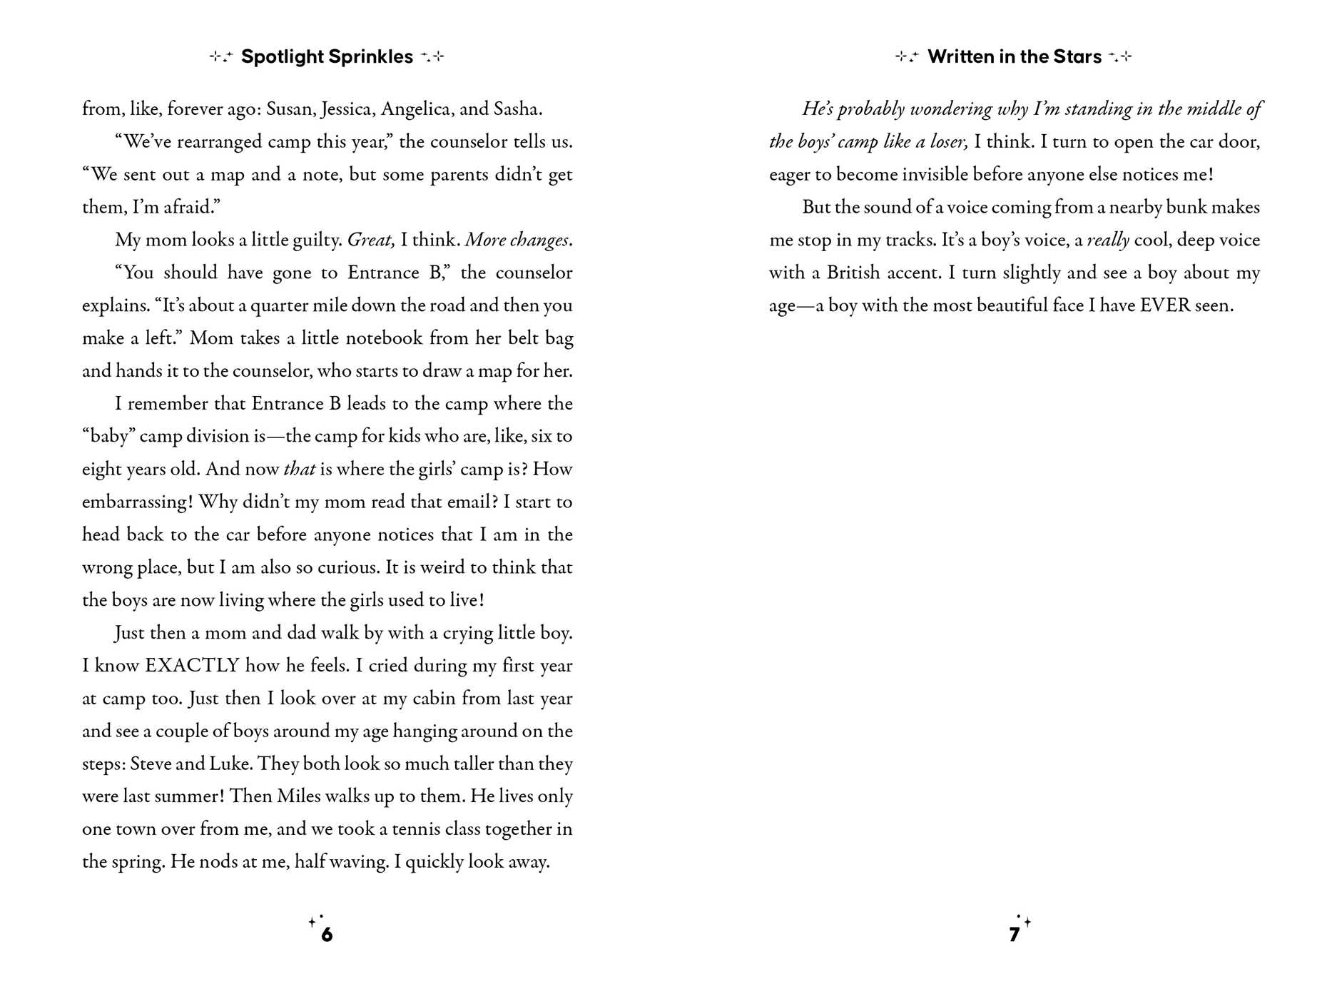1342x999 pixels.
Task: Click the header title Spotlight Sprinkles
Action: coord(327,56)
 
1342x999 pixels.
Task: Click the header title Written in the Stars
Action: coord(1014,56)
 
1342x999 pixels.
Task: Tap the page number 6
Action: coord(327,935)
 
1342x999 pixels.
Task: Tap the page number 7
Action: coord(1014,935)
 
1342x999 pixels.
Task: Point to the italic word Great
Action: coord(370,240)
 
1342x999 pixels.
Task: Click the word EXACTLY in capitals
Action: coord(192,666)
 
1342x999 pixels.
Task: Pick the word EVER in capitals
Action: coord(1165,306)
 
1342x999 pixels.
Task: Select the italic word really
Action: coord(1107,240)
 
